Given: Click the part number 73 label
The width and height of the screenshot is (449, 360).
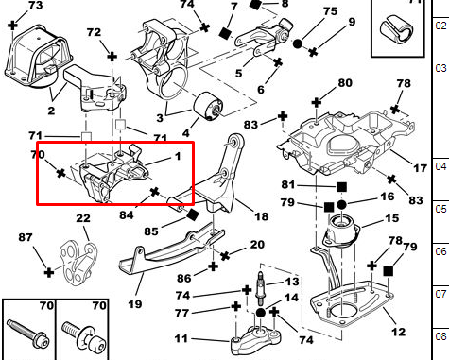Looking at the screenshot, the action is (35, 5).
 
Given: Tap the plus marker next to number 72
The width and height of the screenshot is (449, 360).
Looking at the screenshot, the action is (112, 57).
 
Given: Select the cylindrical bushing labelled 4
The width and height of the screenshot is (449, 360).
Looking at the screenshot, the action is (208, 106).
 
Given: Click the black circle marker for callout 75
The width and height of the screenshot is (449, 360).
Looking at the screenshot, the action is (298, 43).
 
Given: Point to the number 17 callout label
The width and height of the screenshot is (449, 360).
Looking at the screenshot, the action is (420, 168).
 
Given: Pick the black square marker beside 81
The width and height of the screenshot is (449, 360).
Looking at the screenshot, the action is (341, 187).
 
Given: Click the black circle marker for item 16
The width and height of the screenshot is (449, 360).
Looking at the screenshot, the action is (341, 205).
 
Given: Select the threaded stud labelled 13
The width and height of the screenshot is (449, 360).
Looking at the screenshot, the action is (261, 288).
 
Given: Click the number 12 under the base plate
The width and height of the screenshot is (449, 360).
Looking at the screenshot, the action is (398, 332).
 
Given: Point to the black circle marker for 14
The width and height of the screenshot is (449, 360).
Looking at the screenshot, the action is (261, 313).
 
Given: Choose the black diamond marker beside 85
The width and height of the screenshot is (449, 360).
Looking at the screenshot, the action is (193, 215).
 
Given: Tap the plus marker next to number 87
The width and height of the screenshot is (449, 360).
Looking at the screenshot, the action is (49, 272).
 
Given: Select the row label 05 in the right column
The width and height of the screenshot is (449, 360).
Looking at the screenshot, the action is (440, 209).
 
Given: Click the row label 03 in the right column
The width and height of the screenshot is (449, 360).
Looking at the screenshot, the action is (440, 68).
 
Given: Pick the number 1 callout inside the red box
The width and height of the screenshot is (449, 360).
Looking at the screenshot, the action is (178, 156).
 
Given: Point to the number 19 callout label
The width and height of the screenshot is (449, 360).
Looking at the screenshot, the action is (135, 304).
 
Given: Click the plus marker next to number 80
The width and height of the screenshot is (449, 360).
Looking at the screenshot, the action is (316, 103).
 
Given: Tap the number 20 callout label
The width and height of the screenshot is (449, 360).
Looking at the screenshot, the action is (257, 245).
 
